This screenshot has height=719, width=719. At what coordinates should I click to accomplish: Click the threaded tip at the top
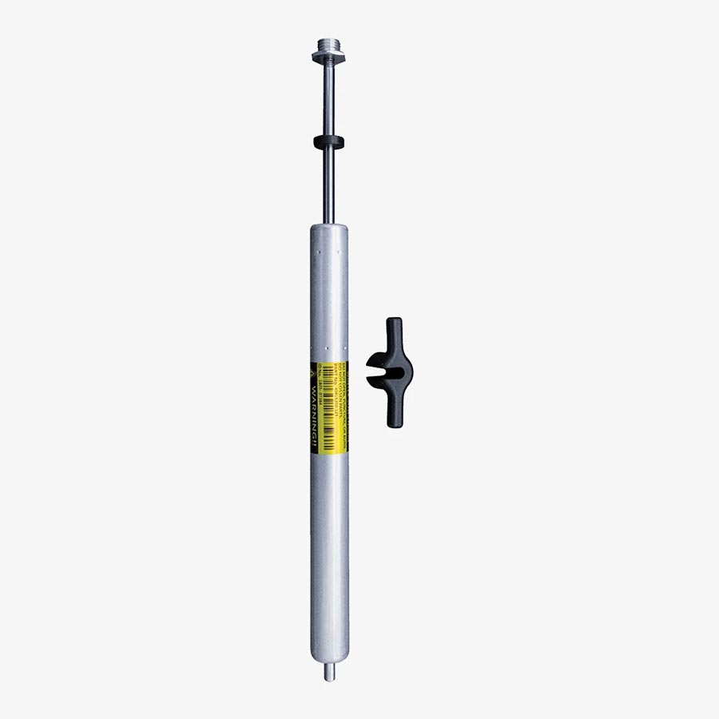[328, 42]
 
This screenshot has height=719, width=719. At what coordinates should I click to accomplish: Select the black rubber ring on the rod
[328, 142]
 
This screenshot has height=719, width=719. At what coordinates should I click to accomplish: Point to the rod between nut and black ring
[328, 100]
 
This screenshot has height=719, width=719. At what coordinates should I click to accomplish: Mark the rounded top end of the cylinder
[329, 230]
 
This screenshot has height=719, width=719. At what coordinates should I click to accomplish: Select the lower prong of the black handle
[394, 411]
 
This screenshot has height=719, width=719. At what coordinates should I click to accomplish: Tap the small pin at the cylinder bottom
[329, 673]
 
